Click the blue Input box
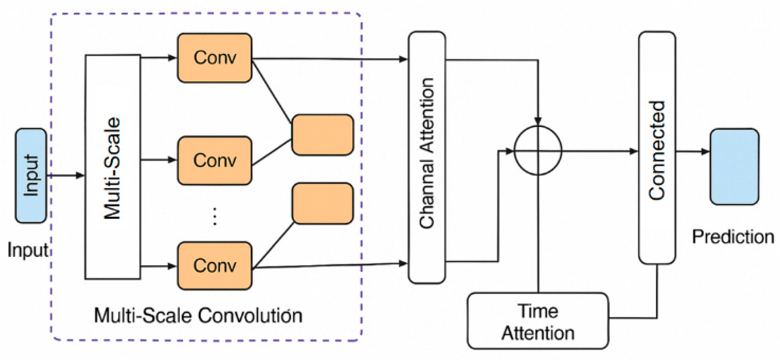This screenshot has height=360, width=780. point(31,176)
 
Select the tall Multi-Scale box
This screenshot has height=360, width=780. point(113,167)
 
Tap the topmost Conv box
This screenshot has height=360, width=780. point(214,58)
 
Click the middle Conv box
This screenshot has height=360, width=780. point(214,160)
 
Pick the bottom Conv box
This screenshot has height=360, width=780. point(214,266)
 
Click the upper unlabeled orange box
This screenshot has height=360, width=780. point(323,135)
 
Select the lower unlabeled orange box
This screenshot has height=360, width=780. point(323,204)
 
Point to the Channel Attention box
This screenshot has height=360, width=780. point(427,157)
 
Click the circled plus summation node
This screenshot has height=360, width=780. point(538,151)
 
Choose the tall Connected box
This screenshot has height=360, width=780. point(657,148)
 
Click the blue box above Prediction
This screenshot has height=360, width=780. point(734,167)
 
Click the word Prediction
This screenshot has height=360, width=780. point(733,237)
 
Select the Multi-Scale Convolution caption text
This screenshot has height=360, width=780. point(198,315)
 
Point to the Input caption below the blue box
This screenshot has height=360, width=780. point(27,250)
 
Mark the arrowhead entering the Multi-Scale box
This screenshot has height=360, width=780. point(80,176)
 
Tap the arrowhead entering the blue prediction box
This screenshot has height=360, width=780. point(705,152)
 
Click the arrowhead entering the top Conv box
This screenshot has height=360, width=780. point(172,58)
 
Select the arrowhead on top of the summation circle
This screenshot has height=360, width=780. point(538,120)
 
